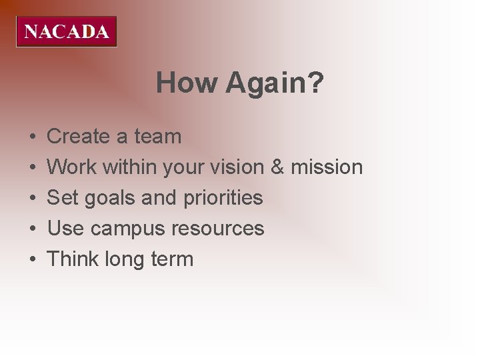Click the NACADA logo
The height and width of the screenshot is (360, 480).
(x=67, y=32)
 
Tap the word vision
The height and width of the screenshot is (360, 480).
(x=239, y=167)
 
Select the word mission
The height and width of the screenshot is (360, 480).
(x=328, y=167)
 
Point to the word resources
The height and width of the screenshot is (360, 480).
(x=218, y=229)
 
